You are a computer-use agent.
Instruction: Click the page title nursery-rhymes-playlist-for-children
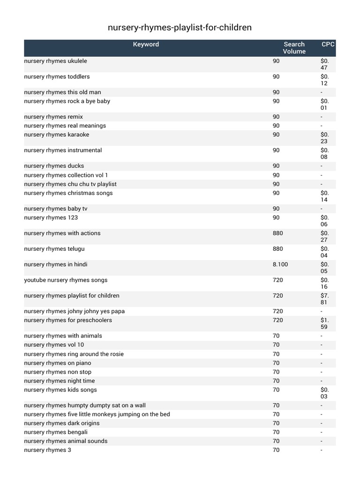tap(180, 28)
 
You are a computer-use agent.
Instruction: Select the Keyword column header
tap(146, 45)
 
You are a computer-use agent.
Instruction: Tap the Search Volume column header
tap(294, 48)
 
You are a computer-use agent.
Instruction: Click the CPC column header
tap(328, 45)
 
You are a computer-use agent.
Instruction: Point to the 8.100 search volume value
tap(280, 264)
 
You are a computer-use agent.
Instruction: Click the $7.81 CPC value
tap(325, 299)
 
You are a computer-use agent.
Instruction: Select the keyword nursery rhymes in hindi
tap(55, 264)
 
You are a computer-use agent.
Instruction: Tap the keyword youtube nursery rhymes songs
tap(66, 280)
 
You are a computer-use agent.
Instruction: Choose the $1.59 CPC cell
tap(325, 323)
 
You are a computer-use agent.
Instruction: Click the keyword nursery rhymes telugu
tap(54, 249)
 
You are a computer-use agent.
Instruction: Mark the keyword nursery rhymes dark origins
tap(62, 423)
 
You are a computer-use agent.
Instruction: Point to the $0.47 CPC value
tap(325, 64)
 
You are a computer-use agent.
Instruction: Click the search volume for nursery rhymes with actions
tap(278, 233)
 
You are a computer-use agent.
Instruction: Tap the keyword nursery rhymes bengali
tap(56, 432)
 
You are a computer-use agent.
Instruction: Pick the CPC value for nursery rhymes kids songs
tap(325, 393)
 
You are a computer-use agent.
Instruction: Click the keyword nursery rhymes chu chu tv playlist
tap(70, 184)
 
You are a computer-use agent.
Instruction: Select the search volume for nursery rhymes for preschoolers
tap(278, 320)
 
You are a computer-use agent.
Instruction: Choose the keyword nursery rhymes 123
tap(51, 217)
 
